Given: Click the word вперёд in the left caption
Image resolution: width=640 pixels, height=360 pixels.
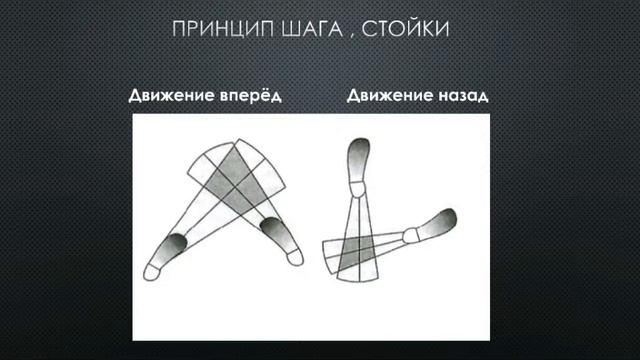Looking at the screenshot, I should [248, 97].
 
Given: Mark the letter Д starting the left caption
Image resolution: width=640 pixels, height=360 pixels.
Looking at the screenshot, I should [134, 98].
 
